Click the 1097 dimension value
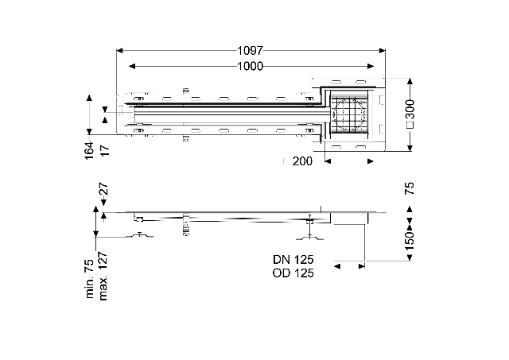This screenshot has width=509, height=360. point(250,51)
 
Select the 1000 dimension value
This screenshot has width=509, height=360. point(250,67)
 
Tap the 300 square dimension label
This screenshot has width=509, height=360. point(410,114)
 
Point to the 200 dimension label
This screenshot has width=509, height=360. point(302,161)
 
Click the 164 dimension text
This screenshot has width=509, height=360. point(89,150)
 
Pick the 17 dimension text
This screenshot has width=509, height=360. point(104,150)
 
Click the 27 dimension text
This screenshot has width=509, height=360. point(103,189)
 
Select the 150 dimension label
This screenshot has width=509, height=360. point(410,240)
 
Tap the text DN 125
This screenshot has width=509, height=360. point(293,259)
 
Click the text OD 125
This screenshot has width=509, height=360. point(293,273)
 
